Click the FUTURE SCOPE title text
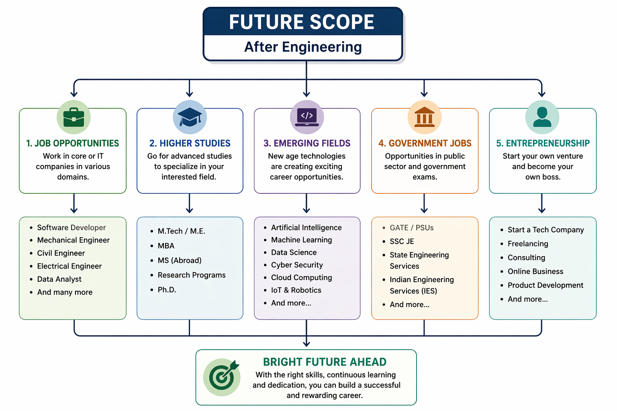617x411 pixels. click(302, 22)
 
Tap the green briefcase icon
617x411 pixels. click(74, 117)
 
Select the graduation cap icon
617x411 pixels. click(190, 117)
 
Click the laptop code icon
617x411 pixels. click(307, 117)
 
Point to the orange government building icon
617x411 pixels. click(424, 117)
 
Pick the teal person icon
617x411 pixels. click(542, 117)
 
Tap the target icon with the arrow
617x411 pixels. click(222, 377)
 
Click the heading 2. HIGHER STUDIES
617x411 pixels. click(190, 143)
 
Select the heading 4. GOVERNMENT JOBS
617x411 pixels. click(425, 143)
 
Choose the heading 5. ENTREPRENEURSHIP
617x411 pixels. click(543, 143)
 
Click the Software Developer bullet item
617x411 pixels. click(71, 228)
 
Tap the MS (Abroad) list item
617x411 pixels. click(180, 260)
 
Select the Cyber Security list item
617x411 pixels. click(297, 265)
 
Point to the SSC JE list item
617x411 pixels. click(402, 241)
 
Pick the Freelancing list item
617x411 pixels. click(528, 244)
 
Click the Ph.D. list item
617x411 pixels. click(167, 290)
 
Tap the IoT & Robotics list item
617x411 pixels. click(296, 290)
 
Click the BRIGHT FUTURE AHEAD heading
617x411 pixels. click(325, 362)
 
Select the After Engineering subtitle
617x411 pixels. click(303, 47)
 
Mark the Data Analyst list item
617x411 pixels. click(59, 279)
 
